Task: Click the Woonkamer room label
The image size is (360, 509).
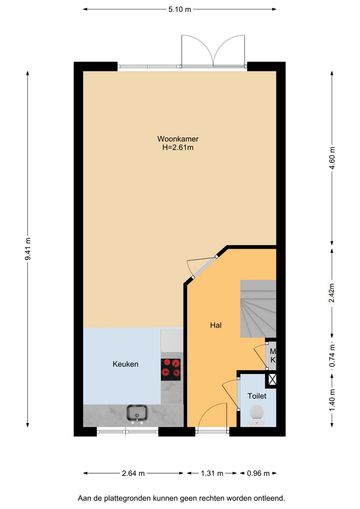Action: click(178, 139)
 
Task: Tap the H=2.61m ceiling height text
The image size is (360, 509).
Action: click(178, 147)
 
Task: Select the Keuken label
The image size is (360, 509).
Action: click(125, 364)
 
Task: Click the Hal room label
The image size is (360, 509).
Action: click(216, 325)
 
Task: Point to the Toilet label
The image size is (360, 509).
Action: click(257, 396)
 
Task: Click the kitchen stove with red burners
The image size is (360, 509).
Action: click(171, 369)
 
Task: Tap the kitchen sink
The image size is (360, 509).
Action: click(137, 412)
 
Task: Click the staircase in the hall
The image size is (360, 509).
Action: click(258, 309)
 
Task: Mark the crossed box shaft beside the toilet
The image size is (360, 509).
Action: click(272, 380)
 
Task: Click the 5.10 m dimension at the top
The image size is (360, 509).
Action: click(180, 9)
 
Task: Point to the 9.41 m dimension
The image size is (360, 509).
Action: click(28, 249)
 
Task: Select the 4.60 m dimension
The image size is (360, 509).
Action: click(332, 158)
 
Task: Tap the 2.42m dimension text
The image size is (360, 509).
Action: click(332, 293)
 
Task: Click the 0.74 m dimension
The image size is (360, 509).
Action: click(332, 356)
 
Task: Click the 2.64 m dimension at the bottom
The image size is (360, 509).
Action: click(133, 473)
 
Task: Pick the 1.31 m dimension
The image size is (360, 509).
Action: click(212, 473)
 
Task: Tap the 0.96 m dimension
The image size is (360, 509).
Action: click(258, 473)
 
